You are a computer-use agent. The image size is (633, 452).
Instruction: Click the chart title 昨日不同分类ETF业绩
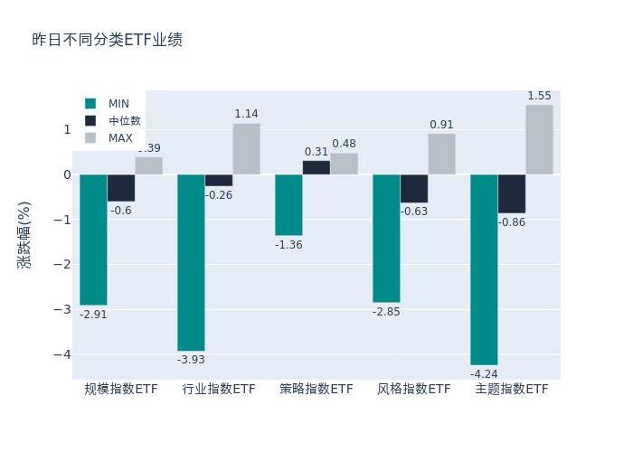(x=107, y=40)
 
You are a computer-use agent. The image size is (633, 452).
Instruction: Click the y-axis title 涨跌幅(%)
(x=24, y=235)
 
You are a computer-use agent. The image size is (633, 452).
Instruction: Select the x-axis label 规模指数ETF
(x=121, y=390)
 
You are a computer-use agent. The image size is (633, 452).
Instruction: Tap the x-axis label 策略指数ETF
(x=316, y=390)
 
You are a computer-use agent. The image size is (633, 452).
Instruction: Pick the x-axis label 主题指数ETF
(x=512, y=390)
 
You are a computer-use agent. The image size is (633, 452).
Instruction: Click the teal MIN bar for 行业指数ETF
(x=191, y=262)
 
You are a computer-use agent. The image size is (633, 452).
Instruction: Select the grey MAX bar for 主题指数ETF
(x=539, y=139)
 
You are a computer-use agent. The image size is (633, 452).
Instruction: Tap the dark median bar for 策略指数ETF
(x=316, y=167)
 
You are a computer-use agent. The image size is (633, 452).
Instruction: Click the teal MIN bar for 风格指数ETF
(x=386, y=238)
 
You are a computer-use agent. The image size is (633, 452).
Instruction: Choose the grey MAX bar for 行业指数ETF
(x=246, y=149)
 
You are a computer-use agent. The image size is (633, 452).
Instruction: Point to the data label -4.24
(x=484, y=374)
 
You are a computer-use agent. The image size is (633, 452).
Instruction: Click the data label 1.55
(x=539, y=96)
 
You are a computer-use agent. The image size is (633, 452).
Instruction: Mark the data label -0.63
(x=414, y=212)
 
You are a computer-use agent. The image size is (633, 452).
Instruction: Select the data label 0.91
(x=442, y=125)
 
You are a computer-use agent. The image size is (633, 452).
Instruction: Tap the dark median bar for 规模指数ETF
(x=121, y=188)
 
